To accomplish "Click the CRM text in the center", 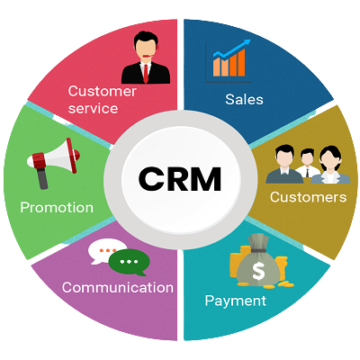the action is pyautogui.click(x=180, y=179).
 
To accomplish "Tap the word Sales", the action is pyautogui.click(x=244, y=99).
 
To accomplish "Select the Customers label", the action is pyautogui.click(x=308, y=197).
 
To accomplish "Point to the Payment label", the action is pyautogui.click(x=236, y=301).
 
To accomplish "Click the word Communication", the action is pyautogui.click(x=118, y=287).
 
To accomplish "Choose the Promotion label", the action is pyautogui.click(x=57, y=207).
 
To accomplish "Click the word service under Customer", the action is pyautogui.click(x=93, y=108).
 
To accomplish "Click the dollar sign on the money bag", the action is pyautogui.click(x=258, y=270).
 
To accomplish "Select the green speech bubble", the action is pyautogui.click(x=129, y=263).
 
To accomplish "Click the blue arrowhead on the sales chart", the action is pyautogui.click(x=247, y=43).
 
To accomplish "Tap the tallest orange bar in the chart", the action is pyautogui.click(x=241, y=62).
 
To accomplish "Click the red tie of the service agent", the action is pyautogui.click(x=146, y=73).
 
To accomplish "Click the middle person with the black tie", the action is pyautogui.click(x=307, y=164).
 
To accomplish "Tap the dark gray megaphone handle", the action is pyautogui.click(x=43, y=177).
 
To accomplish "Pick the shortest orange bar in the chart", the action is pyautogui.click(x=217, y=67).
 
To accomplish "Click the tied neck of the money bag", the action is pyautogui.click(x=258, y=250).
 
